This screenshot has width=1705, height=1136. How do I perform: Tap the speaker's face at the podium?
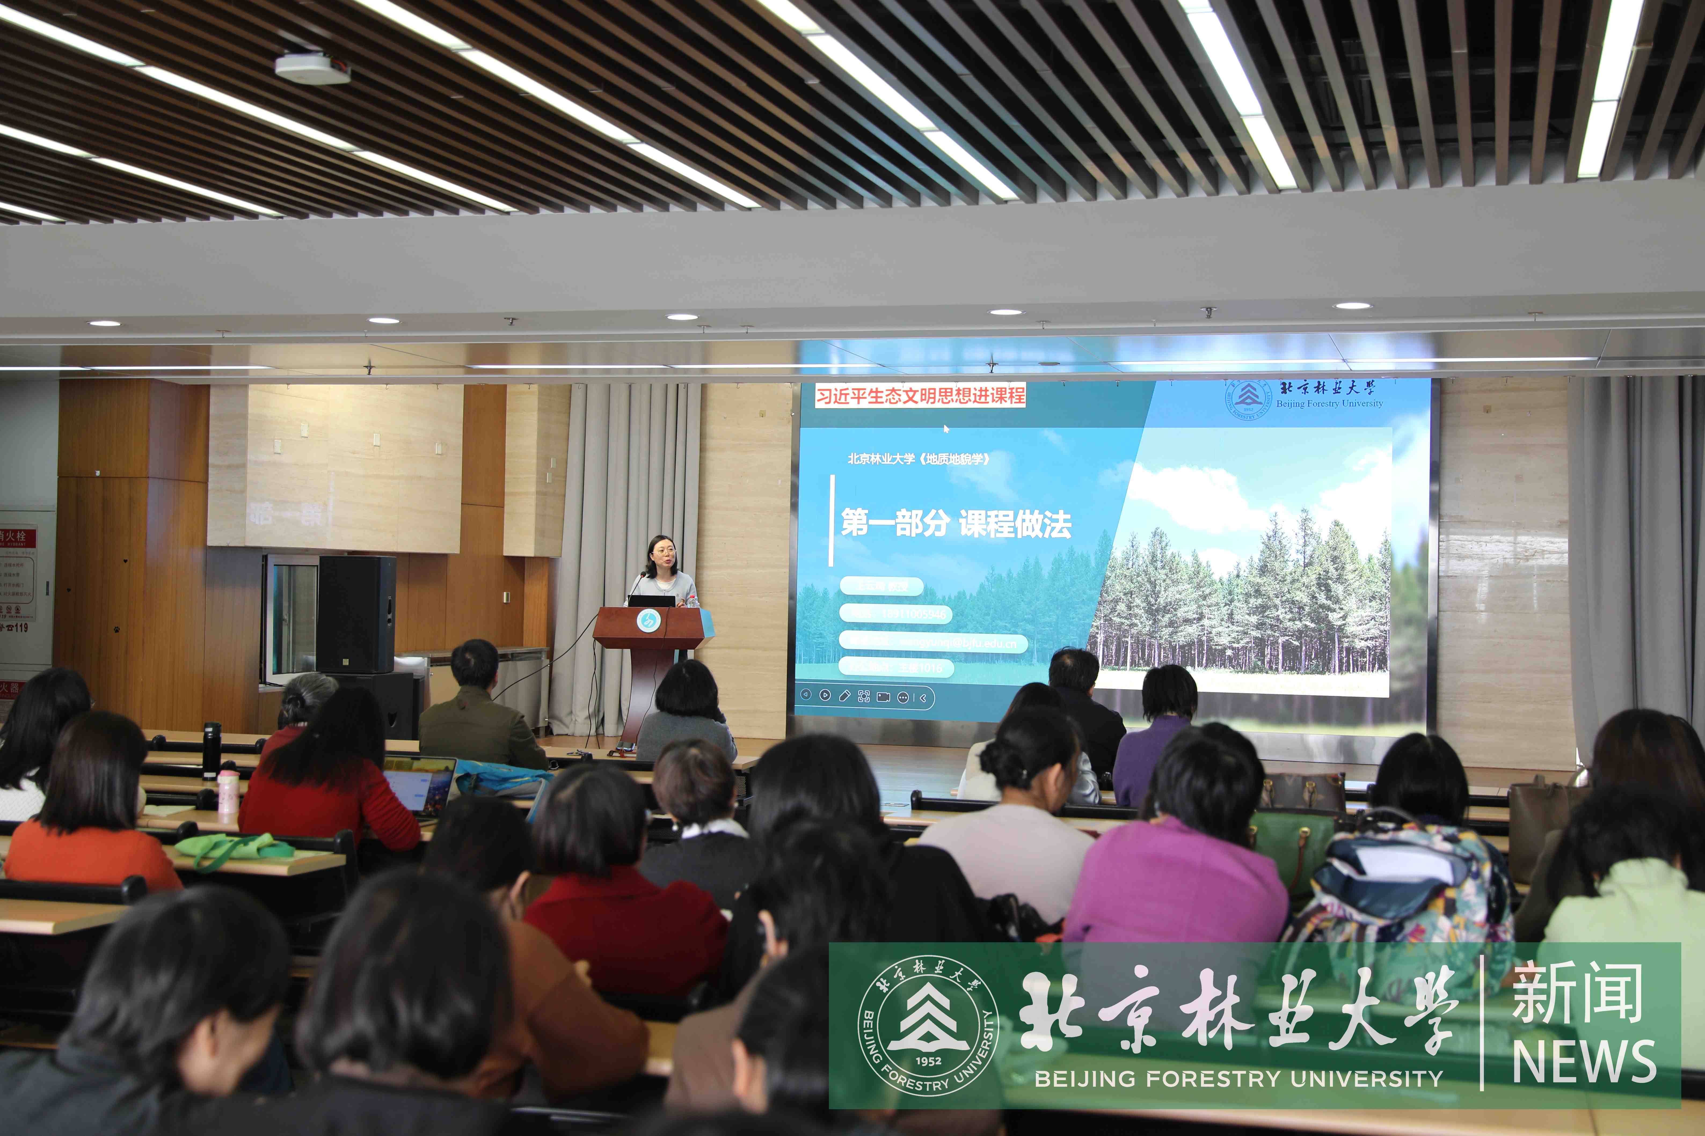(x=663, y=554)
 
